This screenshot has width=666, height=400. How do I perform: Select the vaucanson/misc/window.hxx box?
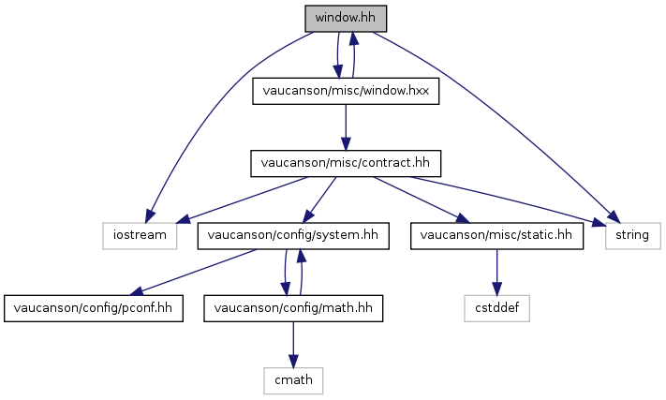(346, 92)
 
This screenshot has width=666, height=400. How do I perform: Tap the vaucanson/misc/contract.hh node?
(346, 162)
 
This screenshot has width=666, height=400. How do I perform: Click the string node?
(633, 234)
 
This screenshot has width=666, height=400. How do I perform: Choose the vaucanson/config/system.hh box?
(292, 234)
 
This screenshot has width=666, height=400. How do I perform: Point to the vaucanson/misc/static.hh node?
(496, 234)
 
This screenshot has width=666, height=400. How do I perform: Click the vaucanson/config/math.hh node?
(292, 306)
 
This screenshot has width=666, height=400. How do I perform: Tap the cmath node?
(292, 378)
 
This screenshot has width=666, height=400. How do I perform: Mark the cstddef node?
(496, 306)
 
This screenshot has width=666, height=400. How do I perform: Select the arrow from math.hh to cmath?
(292, 342)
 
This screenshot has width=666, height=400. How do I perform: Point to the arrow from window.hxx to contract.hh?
(346, 126)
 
